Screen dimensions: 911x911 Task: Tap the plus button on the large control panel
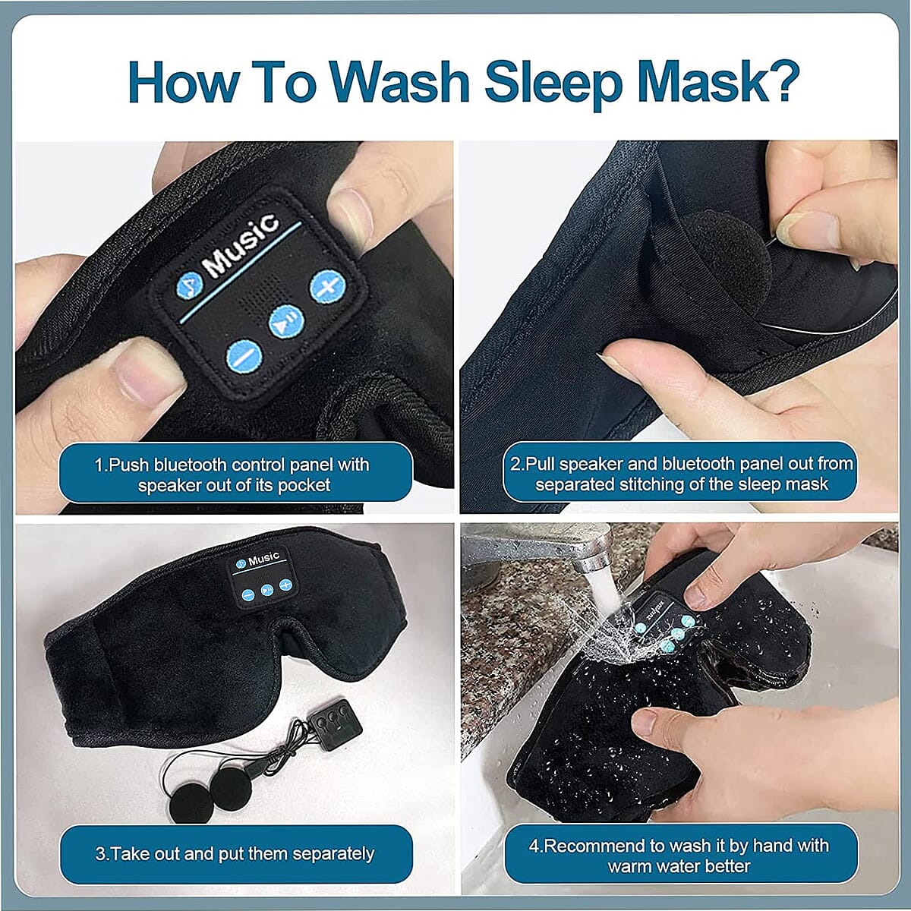click(327, 287)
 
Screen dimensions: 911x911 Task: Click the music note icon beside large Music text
click(189, 285)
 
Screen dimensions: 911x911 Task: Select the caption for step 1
click(235, 474)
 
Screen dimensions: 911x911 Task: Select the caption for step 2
click(680, 474)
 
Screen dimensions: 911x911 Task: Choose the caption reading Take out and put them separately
click(235, 853)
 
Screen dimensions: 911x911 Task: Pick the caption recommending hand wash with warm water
click(680, 856)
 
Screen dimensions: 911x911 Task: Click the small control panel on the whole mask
click(262, 578)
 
